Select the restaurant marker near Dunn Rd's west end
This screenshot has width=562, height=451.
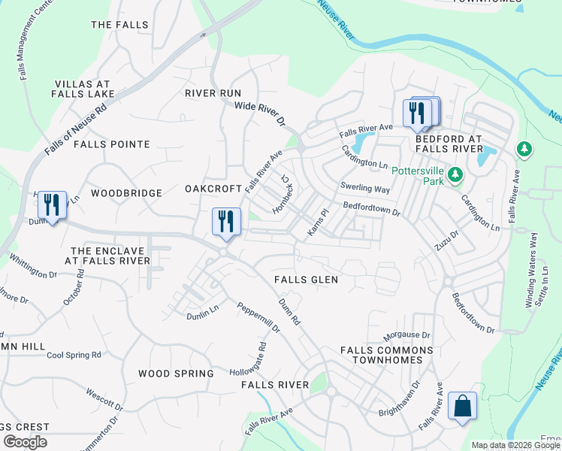[51, 205]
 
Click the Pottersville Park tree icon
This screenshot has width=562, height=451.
[454, 175]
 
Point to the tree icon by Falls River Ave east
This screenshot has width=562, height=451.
[524, 150]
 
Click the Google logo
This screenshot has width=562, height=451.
[25, 442]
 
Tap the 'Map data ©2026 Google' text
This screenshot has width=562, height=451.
[515, 445]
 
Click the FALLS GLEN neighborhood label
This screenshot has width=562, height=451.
[306, 280]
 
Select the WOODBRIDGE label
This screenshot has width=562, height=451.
[126, 193]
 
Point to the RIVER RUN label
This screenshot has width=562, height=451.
[213, 93]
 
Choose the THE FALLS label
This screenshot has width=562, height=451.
[119, 25]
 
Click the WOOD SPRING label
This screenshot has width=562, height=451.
[176, 374]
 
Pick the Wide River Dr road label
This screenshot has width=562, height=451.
[261, 114]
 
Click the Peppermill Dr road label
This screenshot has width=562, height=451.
[258, 318]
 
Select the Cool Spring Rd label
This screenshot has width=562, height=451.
[74, 355]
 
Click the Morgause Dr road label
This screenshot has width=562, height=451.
[406, 334]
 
